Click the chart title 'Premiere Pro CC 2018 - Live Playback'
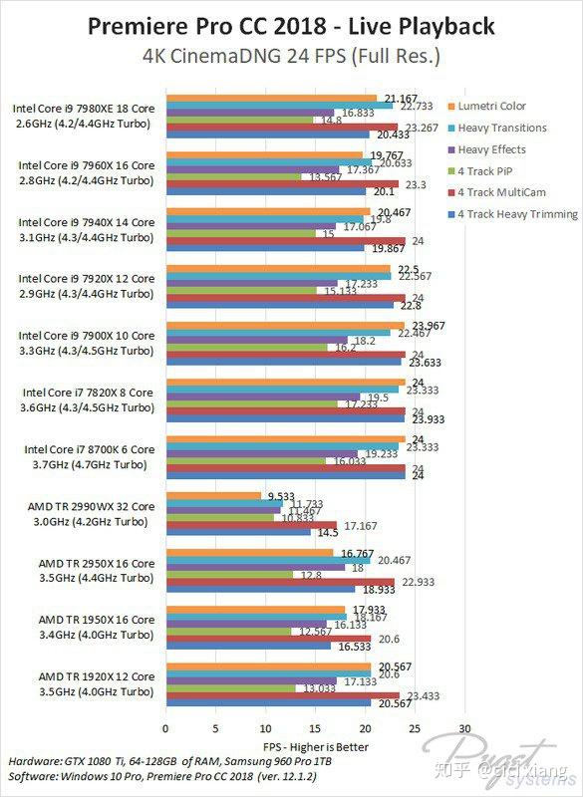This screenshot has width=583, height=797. coord(291,26)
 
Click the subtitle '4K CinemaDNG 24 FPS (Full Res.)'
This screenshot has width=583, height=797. coord(291,57)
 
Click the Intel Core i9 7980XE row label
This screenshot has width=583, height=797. coord(84,117)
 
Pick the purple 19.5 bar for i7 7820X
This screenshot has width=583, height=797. coord(263,397)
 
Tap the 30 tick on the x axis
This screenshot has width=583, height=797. coord(464,729)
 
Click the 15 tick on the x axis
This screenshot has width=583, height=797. coord(315,729)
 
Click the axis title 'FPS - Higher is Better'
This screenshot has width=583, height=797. coord(315,746)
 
